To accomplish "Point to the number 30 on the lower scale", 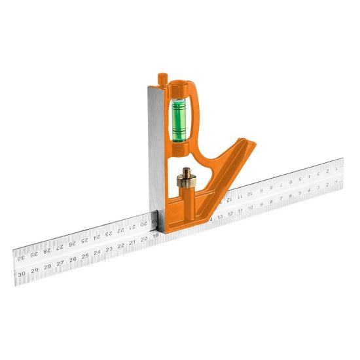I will pos(22,274).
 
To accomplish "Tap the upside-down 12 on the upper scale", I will pos(230,199).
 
